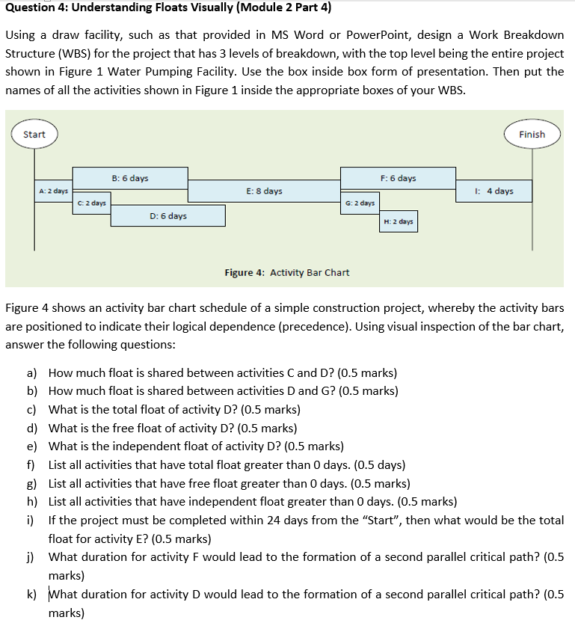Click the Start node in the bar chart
point(34,135)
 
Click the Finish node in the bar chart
point(532,135)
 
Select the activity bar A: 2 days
point(54,191)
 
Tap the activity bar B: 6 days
point(130,178)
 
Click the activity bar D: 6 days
point(168,216)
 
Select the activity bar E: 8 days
point(264,191)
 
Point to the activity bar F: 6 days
point(398,178)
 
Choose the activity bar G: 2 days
point(360,203)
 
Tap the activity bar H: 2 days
point(398,221)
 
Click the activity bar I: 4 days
point(494,191)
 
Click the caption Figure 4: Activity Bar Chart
point(287,272)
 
